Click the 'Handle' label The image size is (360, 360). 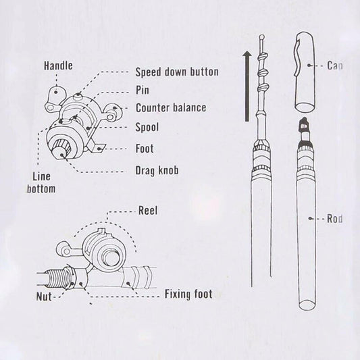(58, 66)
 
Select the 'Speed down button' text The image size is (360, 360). (176, 72)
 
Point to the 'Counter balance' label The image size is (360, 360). (170, 107)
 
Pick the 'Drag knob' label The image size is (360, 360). (157, 171)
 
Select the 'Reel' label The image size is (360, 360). (148, 211)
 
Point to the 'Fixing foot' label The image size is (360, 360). (188, 294)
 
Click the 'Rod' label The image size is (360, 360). (337, 218)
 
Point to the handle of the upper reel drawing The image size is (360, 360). (57, 95)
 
